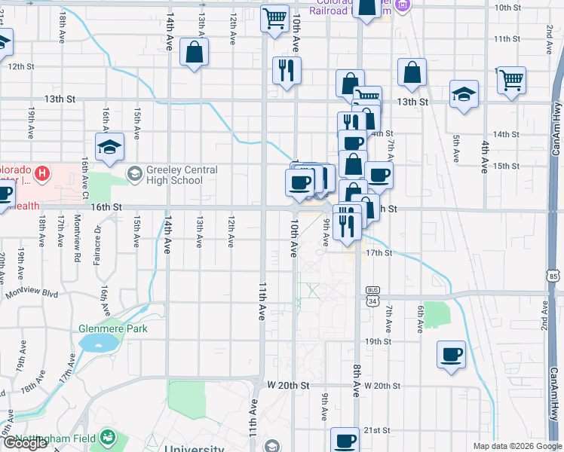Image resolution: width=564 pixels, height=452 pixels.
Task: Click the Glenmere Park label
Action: (112, 328)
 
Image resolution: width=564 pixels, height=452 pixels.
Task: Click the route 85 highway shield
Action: (554, 276)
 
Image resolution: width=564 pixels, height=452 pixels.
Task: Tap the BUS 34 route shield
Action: (372, 296)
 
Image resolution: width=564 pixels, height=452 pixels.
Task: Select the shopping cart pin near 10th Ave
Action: (275, 17)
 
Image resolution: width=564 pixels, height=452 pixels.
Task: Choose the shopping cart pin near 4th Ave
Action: (512, 80)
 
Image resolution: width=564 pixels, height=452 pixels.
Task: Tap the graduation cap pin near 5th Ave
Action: (464, 94)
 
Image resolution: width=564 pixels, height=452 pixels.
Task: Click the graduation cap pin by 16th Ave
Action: (109, 147)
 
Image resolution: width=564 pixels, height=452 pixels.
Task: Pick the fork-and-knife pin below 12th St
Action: (287, 71)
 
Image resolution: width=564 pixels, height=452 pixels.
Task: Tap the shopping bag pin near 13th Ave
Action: (195, 52)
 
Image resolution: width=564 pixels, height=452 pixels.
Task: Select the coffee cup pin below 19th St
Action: (452, 354)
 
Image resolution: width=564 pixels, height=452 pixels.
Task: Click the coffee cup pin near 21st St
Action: (345, 441)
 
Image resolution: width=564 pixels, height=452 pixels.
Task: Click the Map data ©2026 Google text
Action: (516, 446)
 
